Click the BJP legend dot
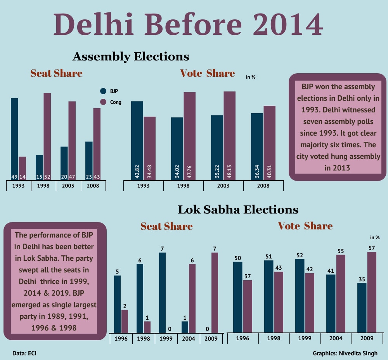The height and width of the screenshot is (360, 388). click(x=103, y=91)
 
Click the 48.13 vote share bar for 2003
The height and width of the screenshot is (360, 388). click(x=229, y=136)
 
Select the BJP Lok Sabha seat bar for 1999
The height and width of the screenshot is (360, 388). click(x=162, y=293)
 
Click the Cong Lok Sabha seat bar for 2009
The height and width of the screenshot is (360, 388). click(x=215, y=293)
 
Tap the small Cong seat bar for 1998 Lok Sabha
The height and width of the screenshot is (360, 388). click(x=147, y=327)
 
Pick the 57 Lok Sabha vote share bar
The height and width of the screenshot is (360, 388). click(x=371, y=292)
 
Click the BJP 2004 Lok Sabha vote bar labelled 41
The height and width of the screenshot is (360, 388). click(x=331, y=303)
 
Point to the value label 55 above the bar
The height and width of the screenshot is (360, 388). click(x=341, y=251)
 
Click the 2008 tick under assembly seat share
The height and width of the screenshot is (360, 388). click(x=93, y=186)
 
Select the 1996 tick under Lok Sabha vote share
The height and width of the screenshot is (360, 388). click(x=242, y=338)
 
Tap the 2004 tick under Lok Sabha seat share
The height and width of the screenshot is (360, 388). click(x=189, y=338)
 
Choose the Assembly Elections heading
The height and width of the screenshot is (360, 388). click(x=131, y=57)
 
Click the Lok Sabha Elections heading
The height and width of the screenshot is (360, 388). click(x=238, y=210)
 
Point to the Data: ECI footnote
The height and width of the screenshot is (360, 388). click(x=24, y=353)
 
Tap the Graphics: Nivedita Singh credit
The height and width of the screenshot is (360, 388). click(x=345, y=353)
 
